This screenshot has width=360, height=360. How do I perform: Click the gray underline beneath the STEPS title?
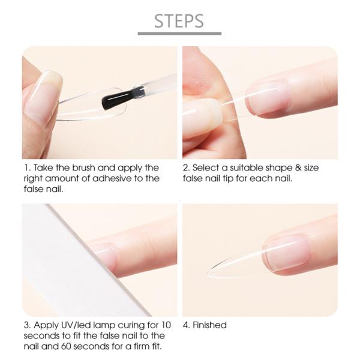(179, 34)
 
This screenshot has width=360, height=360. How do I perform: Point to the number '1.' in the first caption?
(26, 168)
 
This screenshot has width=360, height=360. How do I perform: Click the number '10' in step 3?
(158, 325)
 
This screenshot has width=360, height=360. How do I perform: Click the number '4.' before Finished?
(187, 325)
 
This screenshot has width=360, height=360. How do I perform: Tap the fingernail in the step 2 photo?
(268, 98)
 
